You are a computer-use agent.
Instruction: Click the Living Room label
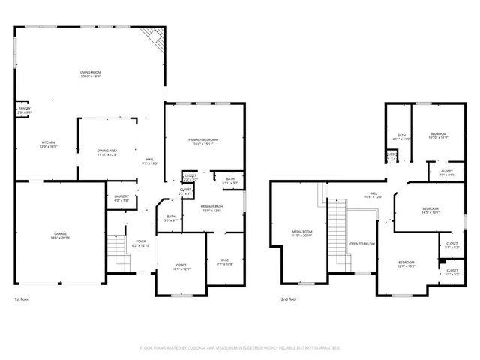[91, 74]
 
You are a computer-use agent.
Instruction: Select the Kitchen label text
[48, 145]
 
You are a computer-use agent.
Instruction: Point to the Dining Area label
[107, 153]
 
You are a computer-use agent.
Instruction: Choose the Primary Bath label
[211, 208]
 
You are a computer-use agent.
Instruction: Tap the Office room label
[181, 266]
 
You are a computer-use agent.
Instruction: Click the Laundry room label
[121, 199]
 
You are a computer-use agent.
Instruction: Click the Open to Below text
[362, 244]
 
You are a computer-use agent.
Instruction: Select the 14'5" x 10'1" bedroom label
[430, 211]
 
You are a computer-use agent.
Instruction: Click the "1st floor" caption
[22, 300]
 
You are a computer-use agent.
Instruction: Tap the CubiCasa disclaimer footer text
[240, 348]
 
